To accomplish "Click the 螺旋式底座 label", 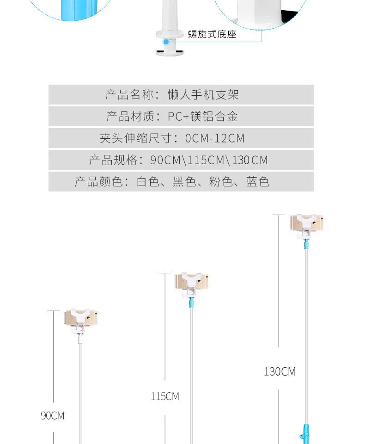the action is coord(212,34).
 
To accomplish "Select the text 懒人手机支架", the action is coord(203,95).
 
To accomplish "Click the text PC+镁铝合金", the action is coord(203,117).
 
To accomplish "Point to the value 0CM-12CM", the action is coord(215,138).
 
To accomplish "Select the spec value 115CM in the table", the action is coord(206,160).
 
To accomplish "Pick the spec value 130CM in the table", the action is coord(250,160).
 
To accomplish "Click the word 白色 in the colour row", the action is coord(148,181).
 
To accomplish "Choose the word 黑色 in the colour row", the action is coord(184,181).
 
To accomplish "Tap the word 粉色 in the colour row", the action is coord(221,181).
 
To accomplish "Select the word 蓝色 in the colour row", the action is coord(258,181).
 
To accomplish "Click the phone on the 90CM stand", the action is coord(81,318).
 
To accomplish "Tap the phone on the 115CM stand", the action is coord(191,281).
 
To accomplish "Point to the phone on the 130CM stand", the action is coord(306,223).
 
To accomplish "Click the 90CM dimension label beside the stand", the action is coord(53,416).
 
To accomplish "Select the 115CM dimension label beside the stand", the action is coord(165,396).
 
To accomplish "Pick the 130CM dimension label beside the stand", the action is coord(280,372).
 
